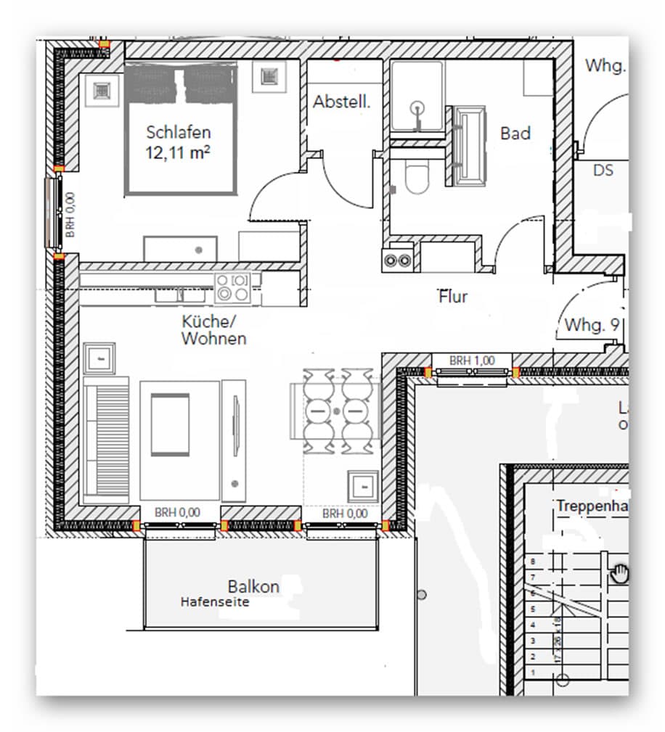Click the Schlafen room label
click(x=179, y=133)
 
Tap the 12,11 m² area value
click(x=179, y=153)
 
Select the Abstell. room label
click(x=341, y=102)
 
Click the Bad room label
click(x=515, y=133)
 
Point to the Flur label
click(x=452, y=297)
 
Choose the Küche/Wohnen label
click(x=213, y=330)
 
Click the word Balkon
click(x=253, y=586)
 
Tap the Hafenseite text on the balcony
click(x=215, y=601)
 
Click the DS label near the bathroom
click(x=603, y=170)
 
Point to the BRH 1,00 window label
click(x=471, y=360)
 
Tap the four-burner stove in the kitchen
click(x=233, y=287)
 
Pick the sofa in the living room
click(x=106, y=440)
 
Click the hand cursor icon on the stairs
click(x=621, y=574)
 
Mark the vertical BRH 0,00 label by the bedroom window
click(x=70, y=215)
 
